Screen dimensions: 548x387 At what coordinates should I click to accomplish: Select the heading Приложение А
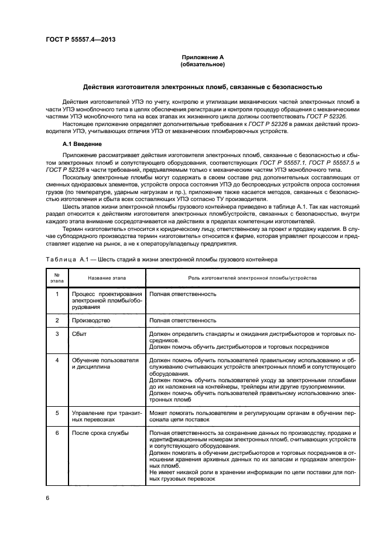click(x=203, y=57)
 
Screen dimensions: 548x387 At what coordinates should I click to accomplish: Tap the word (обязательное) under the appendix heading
click(x=203, y=64)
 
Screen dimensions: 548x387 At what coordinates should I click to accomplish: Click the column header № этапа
click(x=57, y=278)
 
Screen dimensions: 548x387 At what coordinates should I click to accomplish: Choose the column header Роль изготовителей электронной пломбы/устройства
click(x=252, y=278)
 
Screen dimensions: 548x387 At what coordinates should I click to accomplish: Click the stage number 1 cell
click(x=57, y=294)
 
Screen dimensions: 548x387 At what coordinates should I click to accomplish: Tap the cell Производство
click(x=91, y=321)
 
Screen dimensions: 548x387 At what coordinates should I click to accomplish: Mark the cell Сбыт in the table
click(x=80, y=333)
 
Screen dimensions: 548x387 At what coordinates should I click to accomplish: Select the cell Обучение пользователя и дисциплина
click(x=105, y=363)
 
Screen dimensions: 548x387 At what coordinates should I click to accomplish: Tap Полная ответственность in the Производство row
click(x=183, y=321)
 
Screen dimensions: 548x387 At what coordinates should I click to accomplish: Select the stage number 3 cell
click(x=57, y=333)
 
